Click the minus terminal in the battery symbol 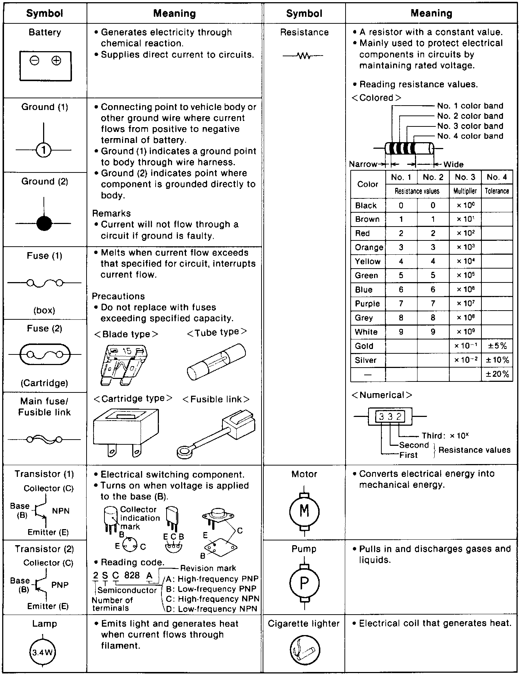tap(34, 61)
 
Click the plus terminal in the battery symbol tap(56, 61)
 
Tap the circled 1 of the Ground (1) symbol tap(43, 150)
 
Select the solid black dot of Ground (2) tap(44, 223)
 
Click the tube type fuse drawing tap(216, 362)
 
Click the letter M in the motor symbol tap(304, 511)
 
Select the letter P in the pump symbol tap(304, 583)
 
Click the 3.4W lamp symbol tap(43, 652)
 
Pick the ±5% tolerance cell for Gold tap(497, 346)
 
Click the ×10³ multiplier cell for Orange tap(465, 247)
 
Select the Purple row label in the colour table tap(367, 304)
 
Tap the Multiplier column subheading tap(465, 191)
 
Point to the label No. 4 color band tap(470, 136)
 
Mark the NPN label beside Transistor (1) tap(61, 511)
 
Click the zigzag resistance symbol tap(303, 56)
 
